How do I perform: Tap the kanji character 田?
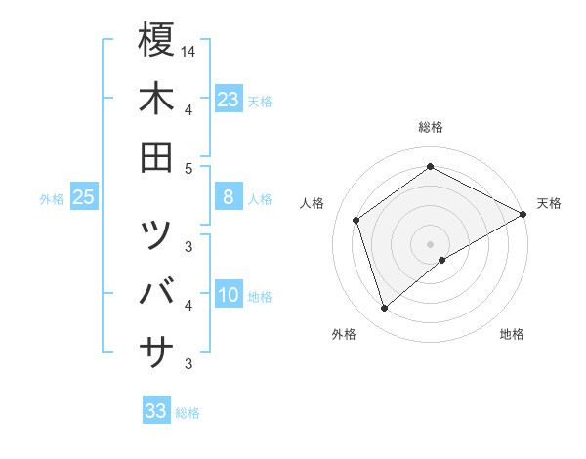point(156,157)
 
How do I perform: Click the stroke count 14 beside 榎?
point(189,51)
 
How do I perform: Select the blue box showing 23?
point(228,100)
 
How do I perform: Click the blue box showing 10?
point(228,296)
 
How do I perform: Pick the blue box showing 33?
point(155,411)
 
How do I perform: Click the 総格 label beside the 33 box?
point(188,413)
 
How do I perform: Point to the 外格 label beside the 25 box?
point(52,199)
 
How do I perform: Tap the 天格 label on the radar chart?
point(549,203)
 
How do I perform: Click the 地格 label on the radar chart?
point(512,335)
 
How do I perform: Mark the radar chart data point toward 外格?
point(384,309)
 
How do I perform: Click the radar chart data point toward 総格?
point(430,166)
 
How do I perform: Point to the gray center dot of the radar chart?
point(430,244)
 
